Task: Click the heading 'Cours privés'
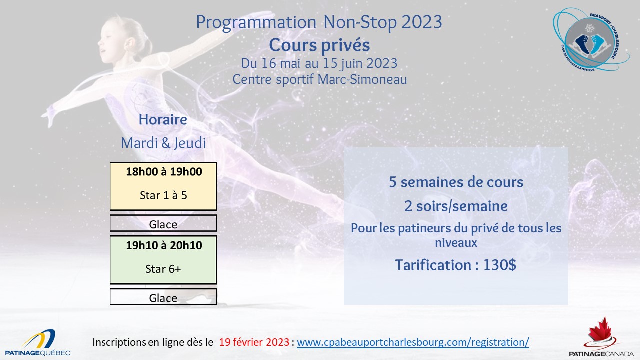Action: click(x=319, y=45)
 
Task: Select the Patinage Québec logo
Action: click(x=38, y=343)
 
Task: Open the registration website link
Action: click(x=413, y=342)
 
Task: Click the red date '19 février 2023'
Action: click(x=254, y=342)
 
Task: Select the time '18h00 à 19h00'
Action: click(x=164, y=171)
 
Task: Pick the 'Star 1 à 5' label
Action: click(x=163, y=195)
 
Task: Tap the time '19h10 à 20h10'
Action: click(x=164, y=245)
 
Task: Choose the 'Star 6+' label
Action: click(x=163, y=269)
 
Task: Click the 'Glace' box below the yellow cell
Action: click(x=163, y=223)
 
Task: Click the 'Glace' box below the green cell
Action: click(x=163, y=297)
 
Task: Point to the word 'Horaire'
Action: click(x=163, y=119)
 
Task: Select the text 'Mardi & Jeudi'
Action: click(x=163, y=143)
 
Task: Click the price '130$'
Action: click(x=499, y=265)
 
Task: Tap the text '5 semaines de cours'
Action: click(x=456, y=182)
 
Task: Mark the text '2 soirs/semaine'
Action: click(x=456, y=206)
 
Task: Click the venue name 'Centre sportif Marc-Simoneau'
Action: click(x=319, y=79)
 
